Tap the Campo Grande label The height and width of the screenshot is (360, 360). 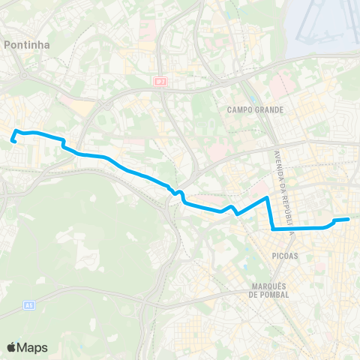pyautogui.click(x=255, y=109)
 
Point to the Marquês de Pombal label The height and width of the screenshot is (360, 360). pyautogui.click(x=268, y=289)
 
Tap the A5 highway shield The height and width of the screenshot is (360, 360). pyautogui.click(x=28, y=304)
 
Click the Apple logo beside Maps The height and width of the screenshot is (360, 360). pyautogui.click(x=11, y=347)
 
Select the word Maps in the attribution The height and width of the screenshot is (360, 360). pyautogui.click(x=32, y=347)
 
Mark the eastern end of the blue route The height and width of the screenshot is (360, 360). pyautogui.click(x=349, y=219)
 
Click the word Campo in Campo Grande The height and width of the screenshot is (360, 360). pyautogui.click(x=241, y=109)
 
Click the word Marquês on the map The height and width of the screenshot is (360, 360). pyautogui.click(x=268, y=285)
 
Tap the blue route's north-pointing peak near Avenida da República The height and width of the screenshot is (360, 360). pyautogui.click(x=267, y=198)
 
